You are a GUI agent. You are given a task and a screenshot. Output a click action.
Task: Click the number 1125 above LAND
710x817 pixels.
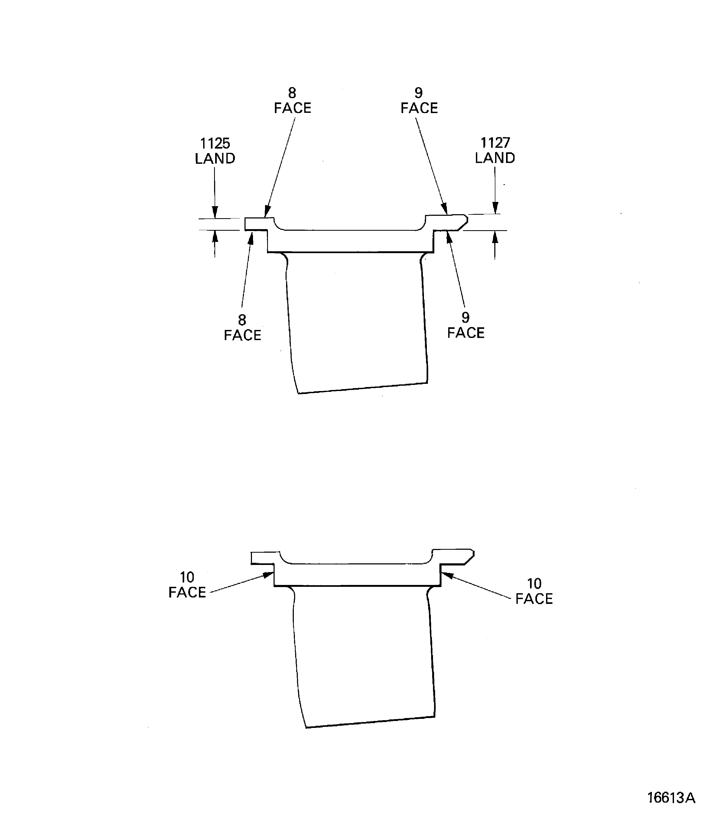(x=215, y=143)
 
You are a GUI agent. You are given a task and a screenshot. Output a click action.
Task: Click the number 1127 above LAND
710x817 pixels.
(x=495, y=143)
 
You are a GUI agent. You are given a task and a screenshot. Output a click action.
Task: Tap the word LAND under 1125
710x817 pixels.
(x=215, y=158)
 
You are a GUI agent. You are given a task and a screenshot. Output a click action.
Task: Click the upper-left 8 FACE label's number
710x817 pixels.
(x=292, y=93)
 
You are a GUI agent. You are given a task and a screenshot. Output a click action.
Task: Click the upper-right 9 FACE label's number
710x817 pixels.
(x=418, y=93)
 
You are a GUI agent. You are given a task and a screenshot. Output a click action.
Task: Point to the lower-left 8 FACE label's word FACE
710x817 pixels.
(x=242, y=335)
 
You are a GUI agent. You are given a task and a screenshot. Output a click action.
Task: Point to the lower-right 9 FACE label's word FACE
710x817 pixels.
(x=466, y=333)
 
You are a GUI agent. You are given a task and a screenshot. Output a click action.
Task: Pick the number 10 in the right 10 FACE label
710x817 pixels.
(x=534, y=584)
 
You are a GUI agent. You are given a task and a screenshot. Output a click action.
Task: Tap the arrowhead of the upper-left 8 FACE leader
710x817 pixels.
(x=267, y=211)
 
